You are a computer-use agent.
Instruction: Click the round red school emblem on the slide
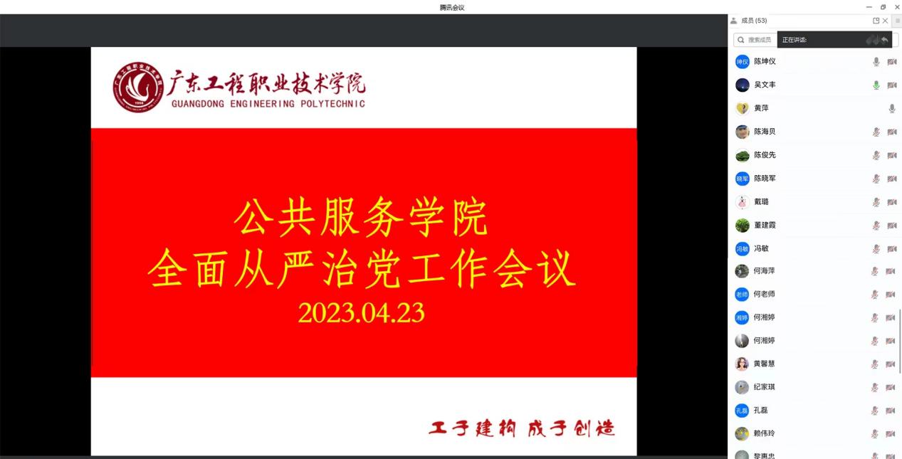point(138,88)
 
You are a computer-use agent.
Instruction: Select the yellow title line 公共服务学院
point(361,218)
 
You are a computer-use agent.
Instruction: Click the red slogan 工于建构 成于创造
point(521,428)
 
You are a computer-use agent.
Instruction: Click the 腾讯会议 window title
point(451,7)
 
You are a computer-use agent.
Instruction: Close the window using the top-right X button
point(897,7)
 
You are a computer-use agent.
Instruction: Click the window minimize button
point(869,7)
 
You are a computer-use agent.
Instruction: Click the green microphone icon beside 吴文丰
point(876,85)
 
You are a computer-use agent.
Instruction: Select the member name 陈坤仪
point(765,62)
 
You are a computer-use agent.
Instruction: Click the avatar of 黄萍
point(742,109)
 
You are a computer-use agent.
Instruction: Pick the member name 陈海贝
point(765,132)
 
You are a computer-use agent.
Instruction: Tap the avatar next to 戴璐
point(742,202)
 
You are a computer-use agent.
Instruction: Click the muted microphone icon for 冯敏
point(876,249)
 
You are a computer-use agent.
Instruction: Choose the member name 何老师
point(764,295)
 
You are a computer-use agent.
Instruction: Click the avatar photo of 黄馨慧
point(742,364)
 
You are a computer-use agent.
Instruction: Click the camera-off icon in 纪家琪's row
point(891,388)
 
